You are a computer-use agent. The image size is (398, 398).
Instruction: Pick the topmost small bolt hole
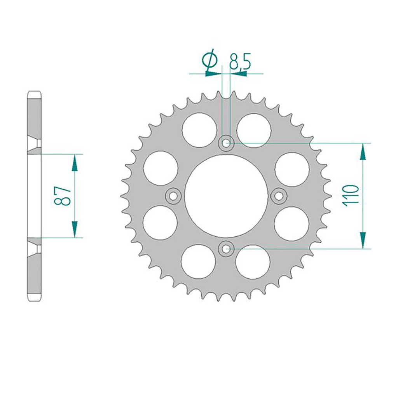click(x=226, y=143)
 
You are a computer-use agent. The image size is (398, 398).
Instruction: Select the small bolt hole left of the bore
click(x=173, y=196)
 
